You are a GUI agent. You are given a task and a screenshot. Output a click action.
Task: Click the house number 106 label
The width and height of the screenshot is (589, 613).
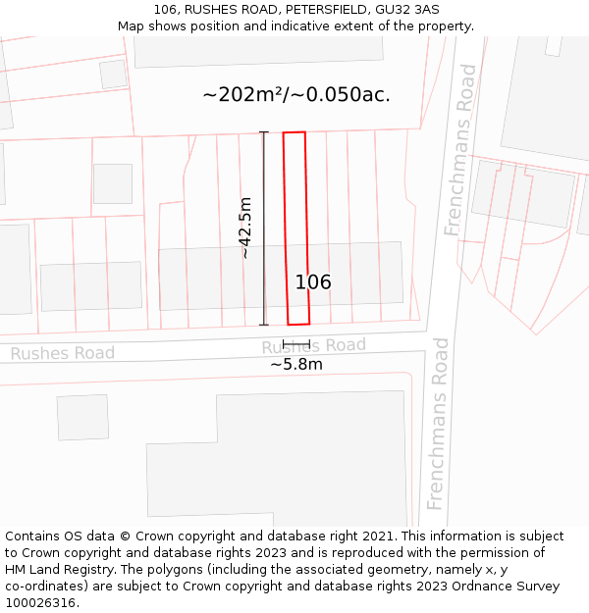click(313, 282)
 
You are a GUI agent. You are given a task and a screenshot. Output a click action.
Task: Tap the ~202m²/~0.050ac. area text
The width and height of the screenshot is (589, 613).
click(296, 95)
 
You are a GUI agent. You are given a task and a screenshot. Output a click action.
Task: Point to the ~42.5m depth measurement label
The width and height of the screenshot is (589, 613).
click(245, 228)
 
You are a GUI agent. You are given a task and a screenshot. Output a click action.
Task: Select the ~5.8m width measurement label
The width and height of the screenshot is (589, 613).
click(296, 365)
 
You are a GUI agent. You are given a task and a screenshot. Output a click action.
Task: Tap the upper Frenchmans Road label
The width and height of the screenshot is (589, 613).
click(460, 150)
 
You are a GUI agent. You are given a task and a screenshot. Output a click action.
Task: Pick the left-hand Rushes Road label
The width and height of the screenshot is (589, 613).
click(63, 353)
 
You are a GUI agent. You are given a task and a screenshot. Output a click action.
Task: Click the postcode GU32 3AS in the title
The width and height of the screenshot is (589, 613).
click(407, 10)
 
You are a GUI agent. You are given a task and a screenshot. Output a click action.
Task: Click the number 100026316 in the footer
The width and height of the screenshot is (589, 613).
click(41, 603)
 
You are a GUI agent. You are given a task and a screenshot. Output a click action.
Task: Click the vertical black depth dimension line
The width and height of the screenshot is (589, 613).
click(263, 228)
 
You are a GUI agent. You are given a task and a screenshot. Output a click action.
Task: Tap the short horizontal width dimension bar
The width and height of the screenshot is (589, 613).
click(295, 345)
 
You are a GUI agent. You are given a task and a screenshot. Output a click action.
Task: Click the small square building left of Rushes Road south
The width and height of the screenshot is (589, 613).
click(82, 417)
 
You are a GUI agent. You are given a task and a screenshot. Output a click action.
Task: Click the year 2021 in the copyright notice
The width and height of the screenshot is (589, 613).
click(378, 536)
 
